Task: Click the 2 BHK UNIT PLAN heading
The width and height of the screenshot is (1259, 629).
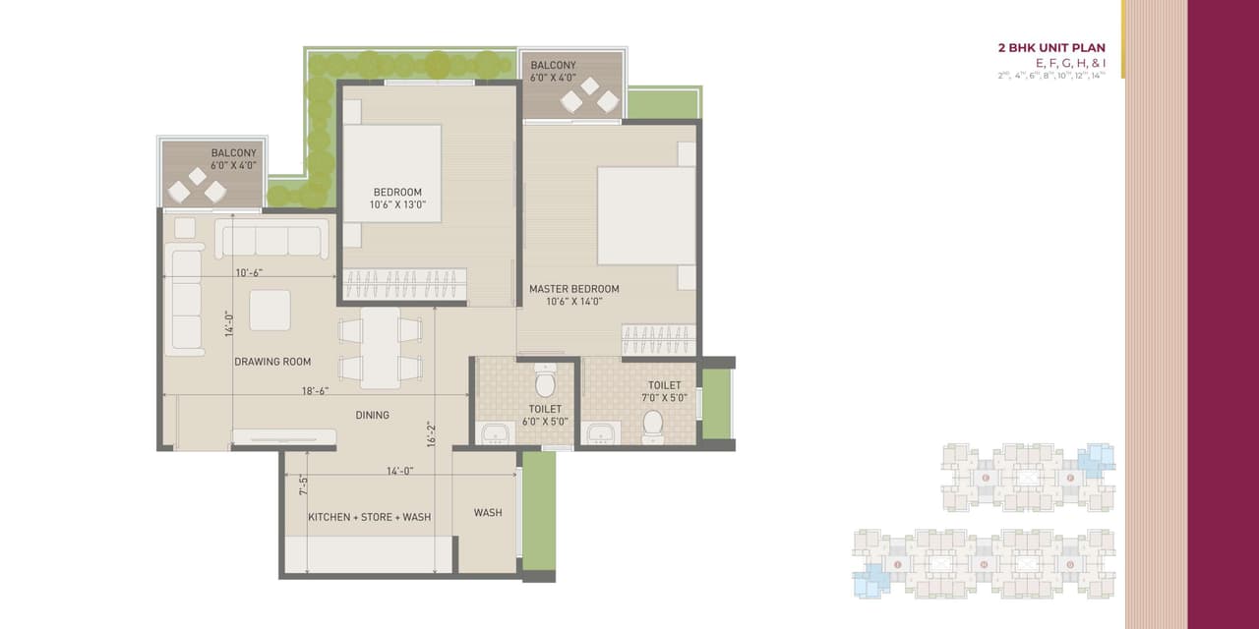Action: coord(1051,47)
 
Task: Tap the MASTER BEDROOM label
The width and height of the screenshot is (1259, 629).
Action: coord(573,289)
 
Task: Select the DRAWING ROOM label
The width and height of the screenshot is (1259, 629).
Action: coord(272,362)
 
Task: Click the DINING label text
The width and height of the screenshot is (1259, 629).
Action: coord(372,415)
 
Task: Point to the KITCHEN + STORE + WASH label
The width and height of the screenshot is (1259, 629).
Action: coord(369,517)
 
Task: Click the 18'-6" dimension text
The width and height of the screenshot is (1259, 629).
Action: coord(315,391)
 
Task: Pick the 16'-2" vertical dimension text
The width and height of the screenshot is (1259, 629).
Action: coord(430,433)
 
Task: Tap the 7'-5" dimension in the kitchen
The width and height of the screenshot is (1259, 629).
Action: coord(304,485)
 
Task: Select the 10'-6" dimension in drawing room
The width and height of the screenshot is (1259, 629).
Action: coord(249,273)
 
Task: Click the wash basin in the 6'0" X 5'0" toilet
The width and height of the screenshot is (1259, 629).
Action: coord(493,432)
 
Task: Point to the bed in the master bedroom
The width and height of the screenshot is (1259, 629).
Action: coord(644,215)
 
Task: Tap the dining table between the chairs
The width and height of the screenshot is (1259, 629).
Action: coord(380,348)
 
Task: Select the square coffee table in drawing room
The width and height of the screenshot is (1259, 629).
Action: coord(270,310)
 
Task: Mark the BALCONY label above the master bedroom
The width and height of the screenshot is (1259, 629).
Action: coord(553,66)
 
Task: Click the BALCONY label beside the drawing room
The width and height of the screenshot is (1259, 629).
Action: coord(233,153)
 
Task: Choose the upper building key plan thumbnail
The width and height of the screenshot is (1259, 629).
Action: coord(1028,477)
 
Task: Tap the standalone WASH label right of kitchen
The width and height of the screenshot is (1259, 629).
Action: coord(488,513)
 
